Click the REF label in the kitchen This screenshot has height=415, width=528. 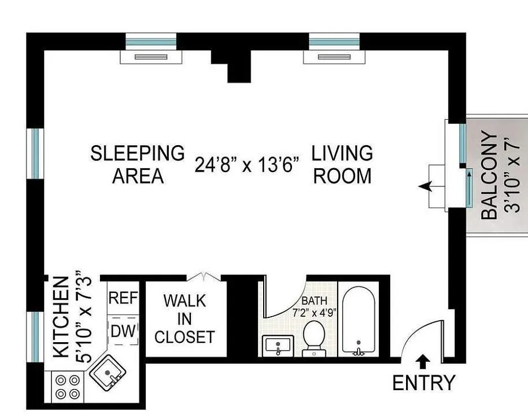click(x=123, y=298)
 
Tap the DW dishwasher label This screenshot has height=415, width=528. click(x=123, y=331)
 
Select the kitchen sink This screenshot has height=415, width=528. click(x=108, y=373)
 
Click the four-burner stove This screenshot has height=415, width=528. click(x=67, y=387)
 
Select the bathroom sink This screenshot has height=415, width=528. click(x=278, y=346)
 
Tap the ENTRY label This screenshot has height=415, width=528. click(x=424, y=383)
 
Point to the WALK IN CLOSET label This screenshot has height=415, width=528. click(x=185, y=319)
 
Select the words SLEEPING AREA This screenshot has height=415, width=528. click(x=138, y=164)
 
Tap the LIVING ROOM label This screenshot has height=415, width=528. click(x=342, y=164)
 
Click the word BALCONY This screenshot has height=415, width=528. click(x=489, y=176)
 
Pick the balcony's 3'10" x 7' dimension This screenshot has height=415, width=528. click(x=512, y=176)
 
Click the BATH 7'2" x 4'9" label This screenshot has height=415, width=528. click(x=314, y=306)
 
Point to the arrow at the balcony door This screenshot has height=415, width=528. click(x=425, y=186)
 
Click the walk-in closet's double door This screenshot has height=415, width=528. click(x=204, y=276)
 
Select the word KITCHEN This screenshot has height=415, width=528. click(x=62, y=317)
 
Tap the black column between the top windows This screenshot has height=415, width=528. click(x=235, y=65)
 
